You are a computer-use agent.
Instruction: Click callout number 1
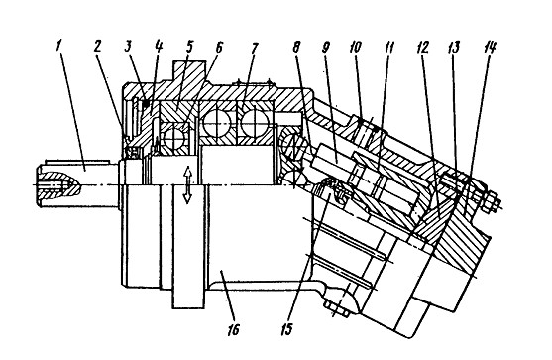[x=59, y=47]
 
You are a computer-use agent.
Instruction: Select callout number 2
[x=97, y=47]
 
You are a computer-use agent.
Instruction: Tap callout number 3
[x=128, y=47]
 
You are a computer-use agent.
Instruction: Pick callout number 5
[x=189, y=47]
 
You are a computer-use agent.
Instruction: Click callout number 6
[x=219, y=47]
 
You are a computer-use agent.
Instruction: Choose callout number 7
[x=255, y=47]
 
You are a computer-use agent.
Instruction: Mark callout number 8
[x=296, y=47]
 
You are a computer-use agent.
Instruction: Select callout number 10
[x=355, y=47]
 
